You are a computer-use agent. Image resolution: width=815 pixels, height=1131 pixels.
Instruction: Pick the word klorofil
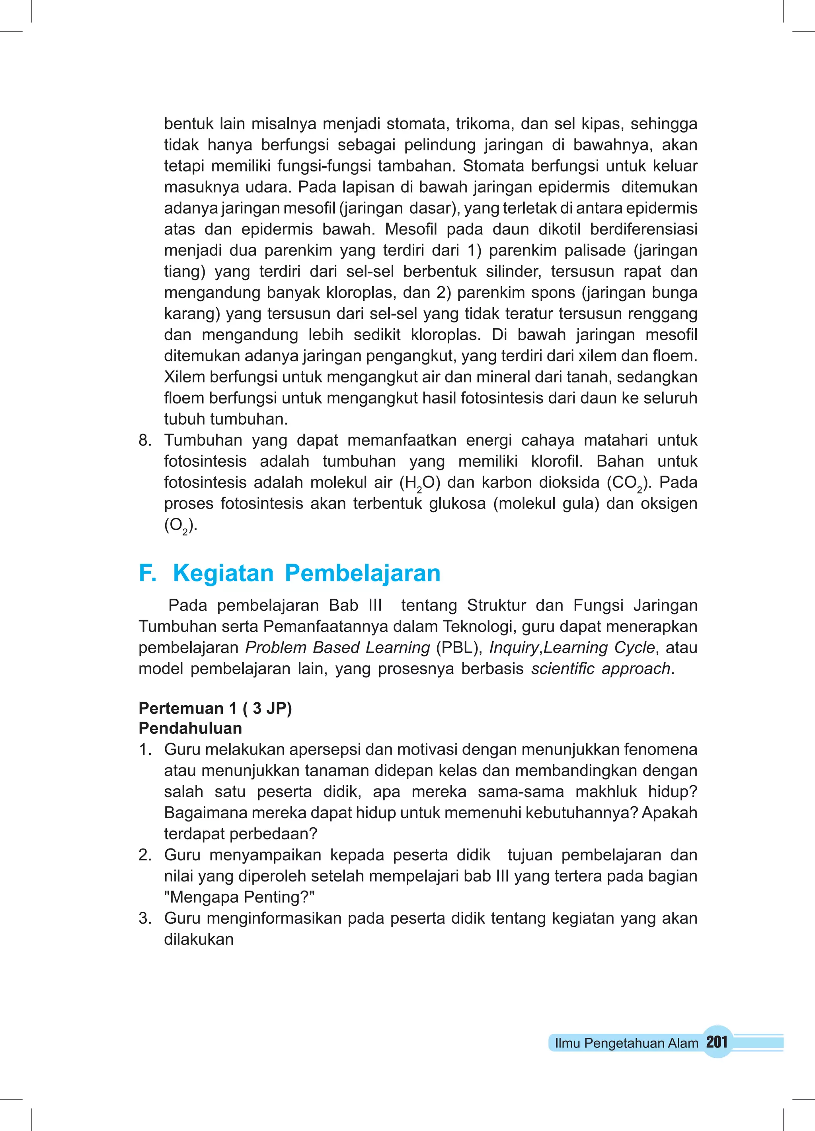(556, 461)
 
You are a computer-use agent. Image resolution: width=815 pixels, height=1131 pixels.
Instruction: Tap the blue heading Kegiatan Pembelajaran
(306, 573)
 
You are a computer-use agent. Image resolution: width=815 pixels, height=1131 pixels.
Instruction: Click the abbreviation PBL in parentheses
(458, 647)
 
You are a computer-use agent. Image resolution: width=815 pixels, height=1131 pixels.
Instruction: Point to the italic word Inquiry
(514, 647)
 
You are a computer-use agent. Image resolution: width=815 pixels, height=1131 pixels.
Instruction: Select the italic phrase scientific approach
(601, 668)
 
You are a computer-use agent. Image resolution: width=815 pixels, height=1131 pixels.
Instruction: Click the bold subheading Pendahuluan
(190, 728)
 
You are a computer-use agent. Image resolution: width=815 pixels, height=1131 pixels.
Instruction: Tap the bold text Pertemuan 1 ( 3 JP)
(215, 708)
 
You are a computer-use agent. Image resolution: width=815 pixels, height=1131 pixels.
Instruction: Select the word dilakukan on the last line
(199, 940)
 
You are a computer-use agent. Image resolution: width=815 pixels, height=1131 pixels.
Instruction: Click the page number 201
(717, 1042)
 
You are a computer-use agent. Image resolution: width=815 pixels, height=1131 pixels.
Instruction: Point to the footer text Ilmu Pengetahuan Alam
(626, 1043)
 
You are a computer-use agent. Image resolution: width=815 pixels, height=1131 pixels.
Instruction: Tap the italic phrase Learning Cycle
(599, 647)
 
